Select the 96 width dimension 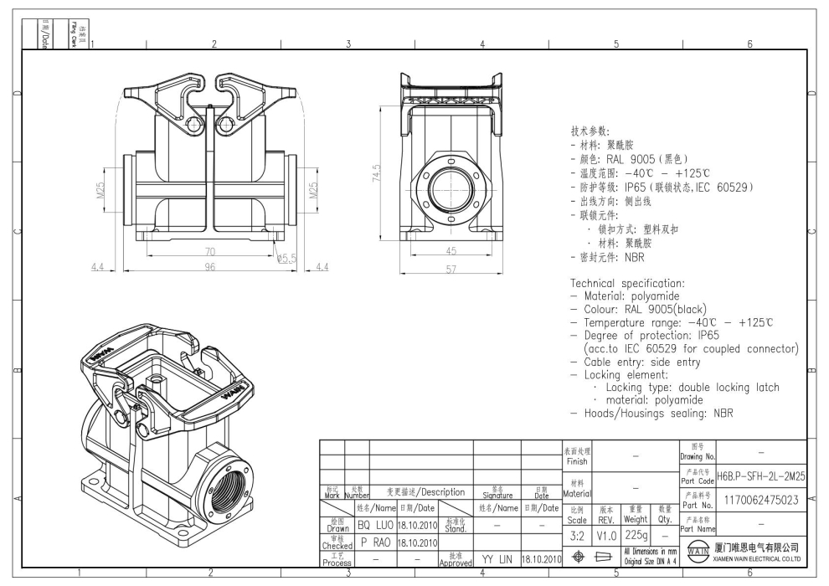click(x=209, y=266)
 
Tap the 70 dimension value click(x=209, y=251)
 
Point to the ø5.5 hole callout click(x=288, y=259)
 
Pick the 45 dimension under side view click(x=451, y=251)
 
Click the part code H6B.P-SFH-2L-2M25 click(x=761, y=475)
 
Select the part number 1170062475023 click(x=761, y=500)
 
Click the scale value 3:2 click(x=576, y=534)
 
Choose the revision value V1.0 click(x=606, y=534)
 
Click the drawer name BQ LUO click(x=376, y=525)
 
